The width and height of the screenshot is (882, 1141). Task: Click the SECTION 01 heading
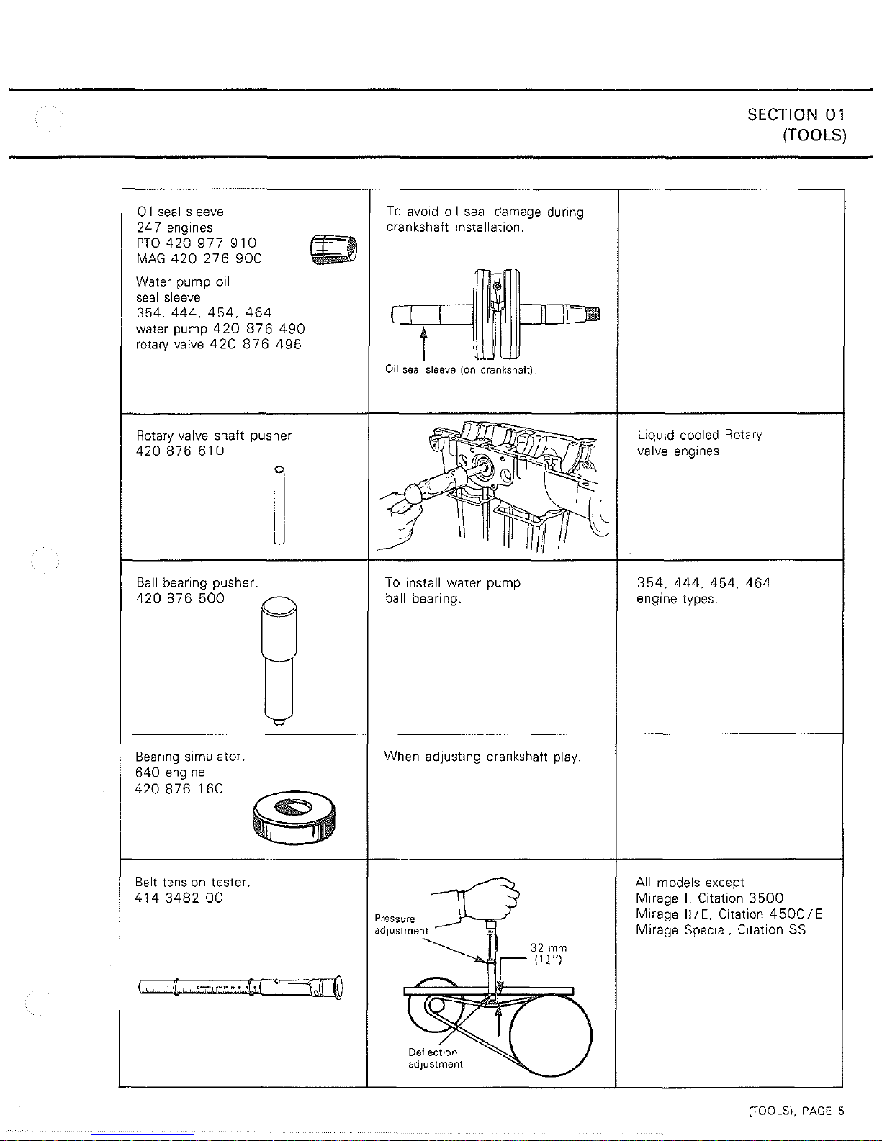click(x=796, y=114)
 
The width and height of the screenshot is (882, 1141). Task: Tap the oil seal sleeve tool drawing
click(x=334, y=249)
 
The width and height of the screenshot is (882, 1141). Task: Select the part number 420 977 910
click(x=211, y=243)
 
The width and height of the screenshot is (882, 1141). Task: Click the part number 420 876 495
click(x=256, y=344)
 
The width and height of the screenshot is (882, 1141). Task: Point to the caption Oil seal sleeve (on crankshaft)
click(x=459, y=370)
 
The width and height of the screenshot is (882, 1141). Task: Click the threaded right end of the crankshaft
click(x=593, y=314)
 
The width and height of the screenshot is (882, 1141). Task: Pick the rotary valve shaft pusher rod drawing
click(x=279, y=505)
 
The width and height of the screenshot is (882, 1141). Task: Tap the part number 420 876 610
click(x=180, y=451)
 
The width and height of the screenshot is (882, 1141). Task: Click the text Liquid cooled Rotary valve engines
click(x=699, y=443)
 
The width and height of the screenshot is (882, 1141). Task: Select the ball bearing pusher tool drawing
click(x=279, y=661)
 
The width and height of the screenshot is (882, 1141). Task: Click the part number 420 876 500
click(x=180, y=599)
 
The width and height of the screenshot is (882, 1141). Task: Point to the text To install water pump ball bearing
click(x=453, y=591)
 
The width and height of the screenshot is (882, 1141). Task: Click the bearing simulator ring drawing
click(x=294, y=818)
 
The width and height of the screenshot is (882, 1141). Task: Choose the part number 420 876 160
click(x=179, y=789)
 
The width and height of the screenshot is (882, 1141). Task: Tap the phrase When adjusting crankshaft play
click(x=482, y=757)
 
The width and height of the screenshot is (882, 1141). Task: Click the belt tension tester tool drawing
click(x=240, y=987)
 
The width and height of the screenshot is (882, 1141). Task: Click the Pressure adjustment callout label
click(x=401, y=924)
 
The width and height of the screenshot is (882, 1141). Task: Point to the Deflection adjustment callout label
click(x=435, y=1058)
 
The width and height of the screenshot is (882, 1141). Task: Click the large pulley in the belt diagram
click(x=551, y=1036)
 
